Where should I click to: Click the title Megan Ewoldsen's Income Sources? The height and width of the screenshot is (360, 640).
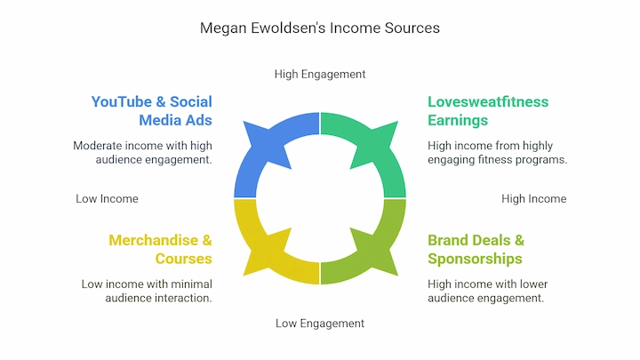pyautogui.click(x=320, y=28)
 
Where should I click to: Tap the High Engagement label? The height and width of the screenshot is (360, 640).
pyautogui.click(x=320, y=75)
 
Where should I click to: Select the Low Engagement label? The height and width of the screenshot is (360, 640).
pyautogui.click(x=320, y=324)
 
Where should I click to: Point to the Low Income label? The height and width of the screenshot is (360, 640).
pyautogui.click(x=107, y=199)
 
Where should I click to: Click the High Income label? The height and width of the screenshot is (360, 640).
pyautogui.click(x=534, y=199)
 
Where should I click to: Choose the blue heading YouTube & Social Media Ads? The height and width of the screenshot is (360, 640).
pyautogui.click(x=151, y=111)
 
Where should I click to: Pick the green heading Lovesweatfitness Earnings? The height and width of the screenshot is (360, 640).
pyautogui.click(x=488, y=111)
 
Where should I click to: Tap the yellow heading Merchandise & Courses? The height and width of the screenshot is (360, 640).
pyautogui.click(x=160, y=250)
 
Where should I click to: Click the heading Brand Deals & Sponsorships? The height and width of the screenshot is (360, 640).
pyautogui.click(x=476, y=250)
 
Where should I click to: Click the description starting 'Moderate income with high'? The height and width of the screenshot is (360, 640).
pyautogui.click(x=142, y=153)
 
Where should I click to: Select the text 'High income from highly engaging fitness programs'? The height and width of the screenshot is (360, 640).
pyautogui.click(x=498, y=153)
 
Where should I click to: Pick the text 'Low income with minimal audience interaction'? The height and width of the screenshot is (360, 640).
pyautogui.click(x=147, y=291)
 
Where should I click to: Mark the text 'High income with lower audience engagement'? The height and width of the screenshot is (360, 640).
pyautogui.click(x=488, y=291)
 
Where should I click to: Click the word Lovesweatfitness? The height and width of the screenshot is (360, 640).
pyautogui.click(x=488, y=102)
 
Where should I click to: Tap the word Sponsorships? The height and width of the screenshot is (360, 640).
pyautogui.click(x=475, y=259)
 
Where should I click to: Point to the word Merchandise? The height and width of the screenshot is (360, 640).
pyautogui.click(x=154, y=240)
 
